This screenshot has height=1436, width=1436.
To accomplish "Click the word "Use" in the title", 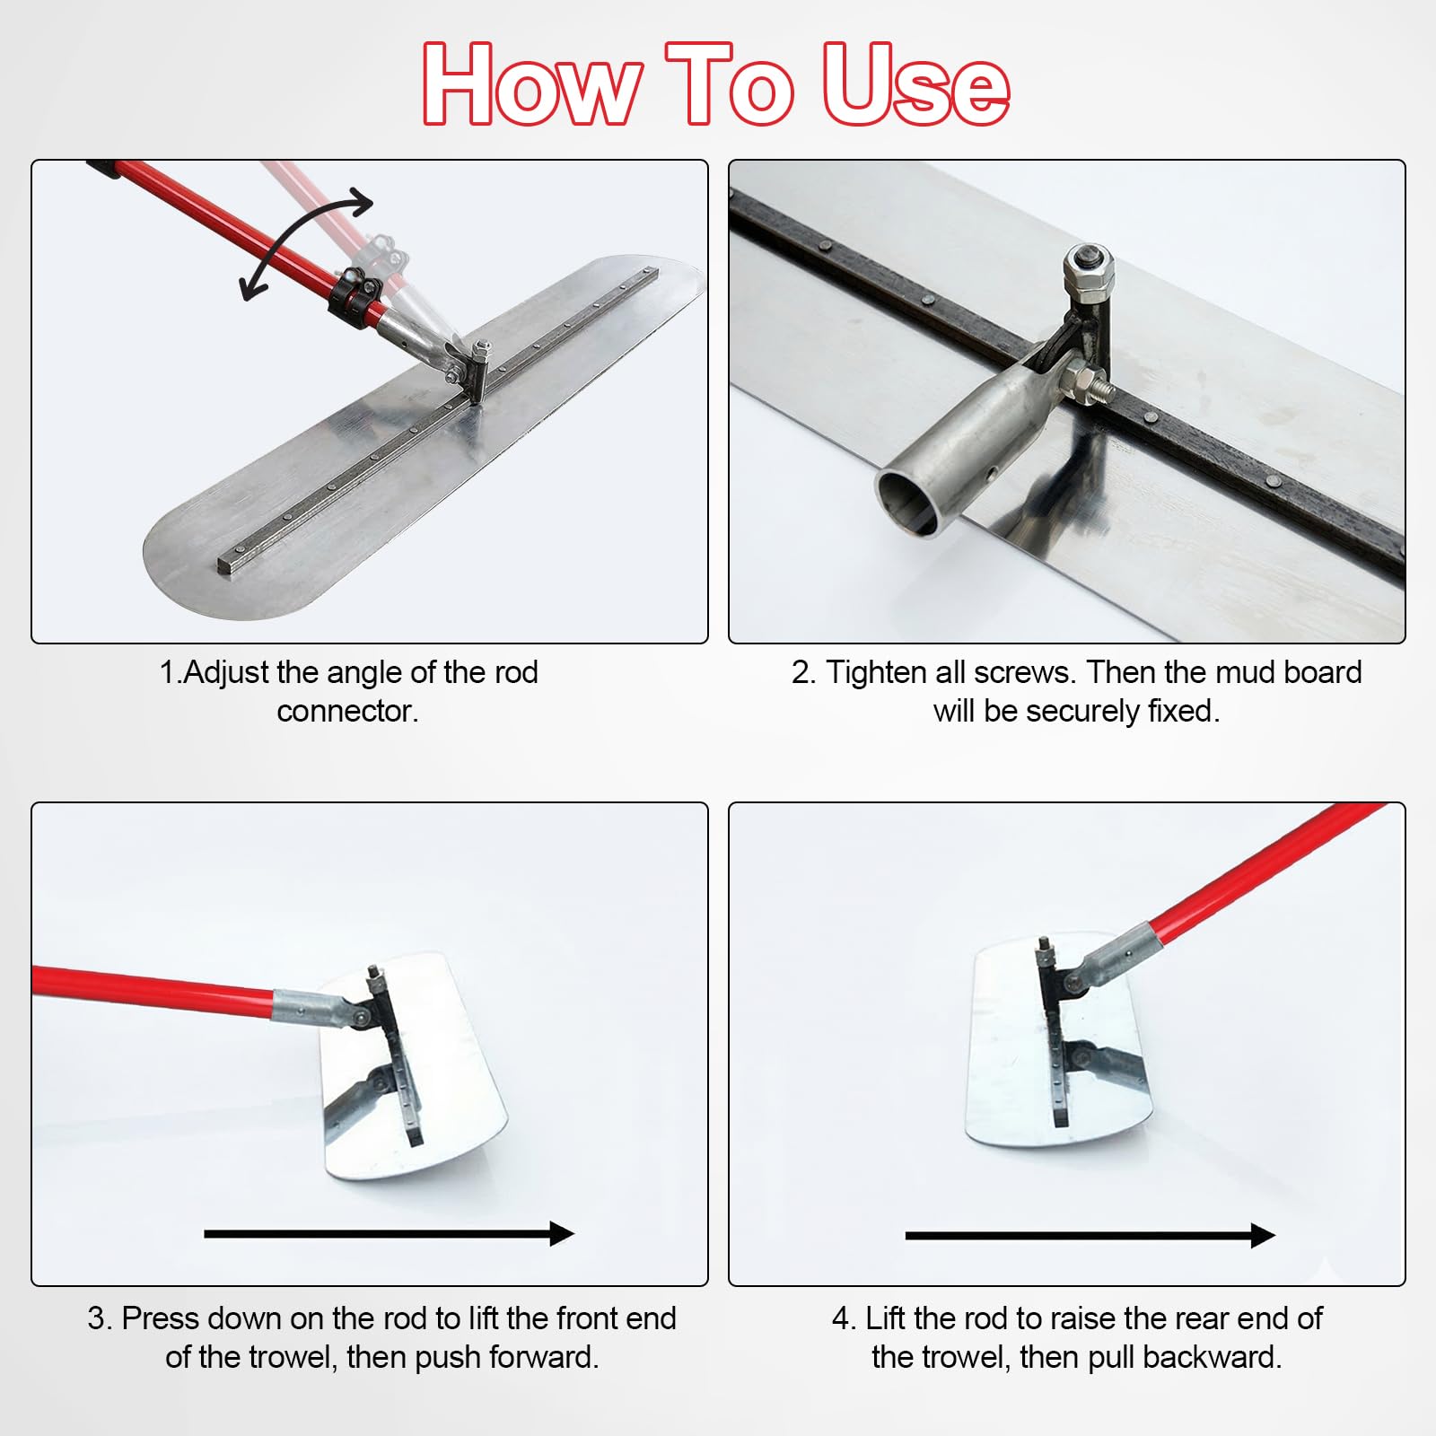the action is pyautogui.click(x=915, y=84).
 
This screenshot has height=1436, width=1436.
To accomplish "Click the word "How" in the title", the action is pyautogui.click(x=532, y=84).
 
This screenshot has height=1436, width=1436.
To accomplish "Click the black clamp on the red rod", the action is pyautogui.click(x=355, y=294).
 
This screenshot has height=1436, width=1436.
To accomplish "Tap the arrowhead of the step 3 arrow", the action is pyautogui.click(x=562, y=1233).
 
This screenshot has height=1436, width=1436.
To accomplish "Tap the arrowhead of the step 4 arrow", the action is pyautogui.click(x=1263, y=1236).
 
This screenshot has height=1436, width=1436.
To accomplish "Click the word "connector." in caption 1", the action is pyautogui.click(x=347, y=711).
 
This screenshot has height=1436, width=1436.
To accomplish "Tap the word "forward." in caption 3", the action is pyautogui.click(x=545, y=1357).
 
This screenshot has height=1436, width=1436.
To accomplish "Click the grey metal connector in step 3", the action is pyautogui.click(x=319, y=1011).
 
